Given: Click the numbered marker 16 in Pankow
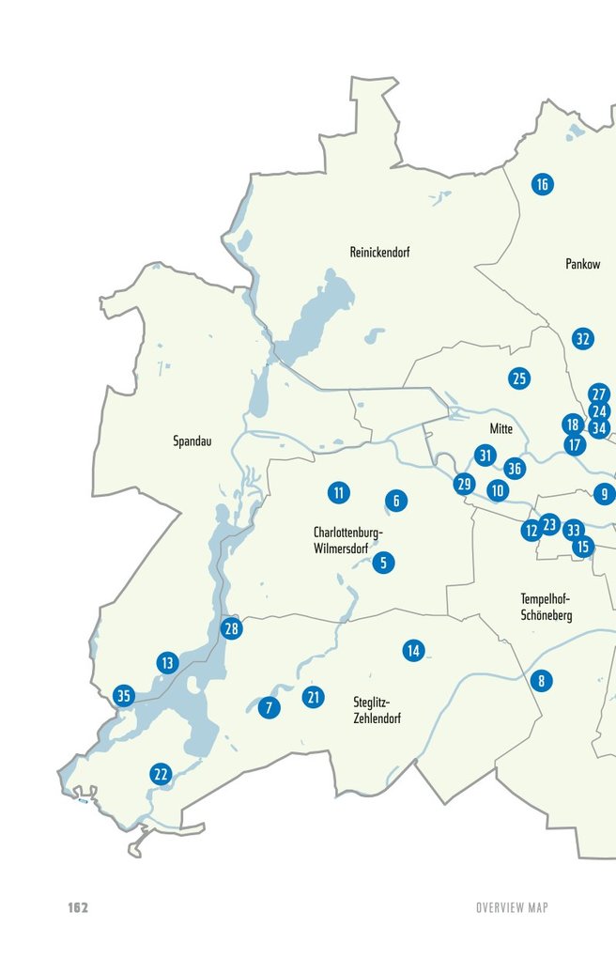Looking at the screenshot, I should pos(541,184).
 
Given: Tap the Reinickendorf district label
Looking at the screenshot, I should pos(379,253).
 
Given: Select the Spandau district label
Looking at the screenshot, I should pos(192,440).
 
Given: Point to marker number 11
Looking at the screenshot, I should pos(339,491).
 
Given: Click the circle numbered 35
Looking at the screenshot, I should pos(123,696).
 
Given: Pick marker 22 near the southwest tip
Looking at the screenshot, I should pos(161,775).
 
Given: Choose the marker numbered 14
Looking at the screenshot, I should pos(413,650).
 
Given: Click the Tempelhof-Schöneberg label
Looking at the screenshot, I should pos(546,607).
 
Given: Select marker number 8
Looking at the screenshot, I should pos(541,681).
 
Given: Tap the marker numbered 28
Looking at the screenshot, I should pos(231,628).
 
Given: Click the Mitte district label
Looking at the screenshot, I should pos(501,428).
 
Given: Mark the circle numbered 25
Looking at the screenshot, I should pos(519,379).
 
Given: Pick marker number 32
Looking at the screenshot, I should pos(583,339).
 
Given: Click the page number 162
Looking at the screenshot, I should pos(78,907).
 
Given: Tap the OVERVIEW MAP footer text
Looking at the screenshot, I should pos(511,907).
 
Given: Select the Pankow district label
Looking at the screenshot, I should pos(582,265).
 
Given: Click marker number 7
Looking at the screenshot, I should pos(269,707).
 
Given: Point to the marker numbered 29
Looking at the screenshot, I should pos(464,485).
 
